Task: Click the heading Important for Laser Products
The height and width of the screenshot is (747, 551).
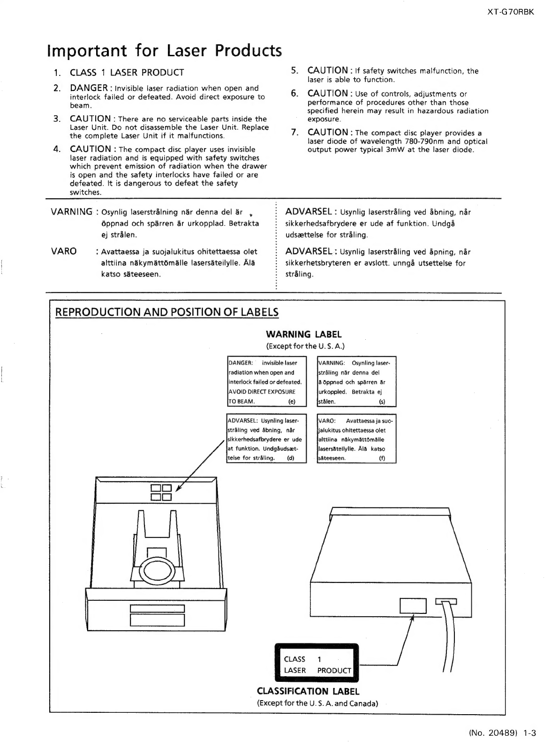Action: coord(165,51)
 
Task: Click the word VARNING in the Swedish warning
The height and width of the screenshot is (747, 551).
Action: coord(72,212)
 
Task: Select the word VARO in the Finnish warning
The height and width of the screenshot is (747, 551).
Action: coord(64,251)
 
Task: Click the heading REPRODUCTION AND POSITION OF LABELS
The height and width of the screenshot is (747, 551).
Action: coord(167,312)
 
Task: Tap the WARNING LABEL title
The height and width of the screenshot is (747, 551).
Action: coord(304,335)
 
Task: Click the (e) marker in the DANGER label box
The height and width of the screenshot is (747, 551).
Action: coord(292,402)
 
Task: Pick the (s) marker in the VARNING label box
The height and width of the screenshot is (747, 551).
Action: coord(382,402)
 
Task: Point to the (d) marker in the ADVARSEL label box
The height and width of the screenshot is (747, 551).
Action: coord(291,458)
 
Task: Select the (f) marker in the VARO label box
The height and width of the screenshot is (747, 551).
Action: coord(382,458)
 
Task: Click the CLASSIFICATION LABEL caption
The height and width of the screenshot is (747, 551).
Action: coord(308,691)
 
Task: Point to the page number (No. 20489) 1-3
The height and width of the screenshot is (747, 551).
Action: coord(502,732)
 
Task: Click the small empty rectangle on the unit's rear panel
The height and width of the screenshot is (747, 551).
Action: coord(413,605)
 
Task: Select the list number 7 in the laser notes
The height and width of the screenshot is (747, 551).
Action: coord(294,133)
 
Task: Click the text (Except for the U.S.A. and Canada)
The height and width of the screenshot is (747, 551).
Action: coord(317,703)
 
